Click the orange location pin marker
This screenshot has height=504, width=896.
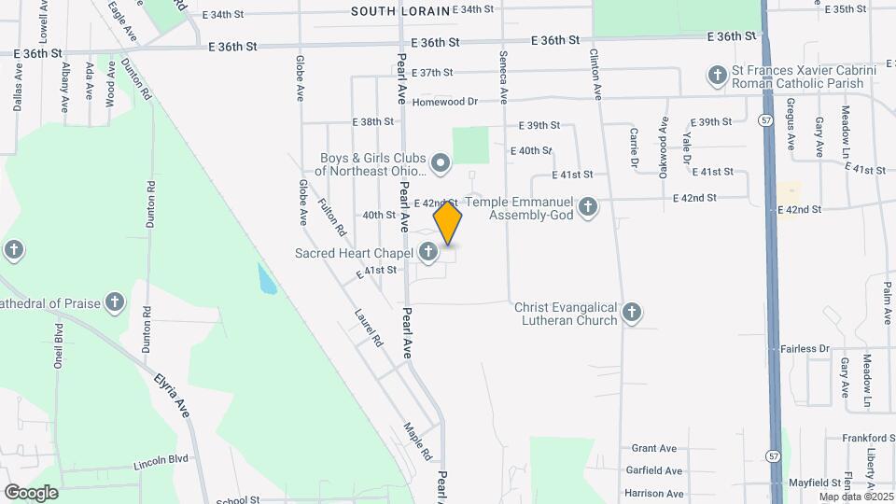point(448,224)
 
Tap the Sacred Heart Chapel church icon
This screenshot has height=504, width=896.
point(428,251)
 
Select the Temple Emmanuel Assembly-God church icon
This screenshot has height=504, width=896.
point(587,206)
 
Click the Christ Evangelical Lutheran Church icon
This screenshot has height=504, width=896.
point(632,313)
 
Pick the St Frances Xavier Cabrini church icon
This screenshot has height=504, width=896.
point(717,76)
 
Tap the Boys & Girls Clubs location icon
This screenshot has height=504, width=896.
point(441,165)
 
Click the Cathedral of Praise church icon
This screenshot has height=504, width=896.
point(114,302)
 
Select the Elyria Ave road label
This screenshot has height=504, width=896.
point(172,397)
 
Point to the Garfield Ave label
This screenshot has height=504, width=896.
point(654,471)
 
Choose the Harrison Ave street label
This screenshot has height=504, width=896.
point(653,494)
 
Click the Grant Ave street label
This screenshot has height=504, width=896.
point(654,449)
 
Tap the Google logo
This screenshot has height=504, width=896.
point(31,492)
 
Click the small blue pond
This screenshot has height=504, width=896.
point(267,279)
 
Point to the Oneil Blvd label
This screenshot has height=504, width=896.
point(58,344)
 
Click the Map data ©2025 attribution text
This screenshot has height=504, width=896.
point(856,497)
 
